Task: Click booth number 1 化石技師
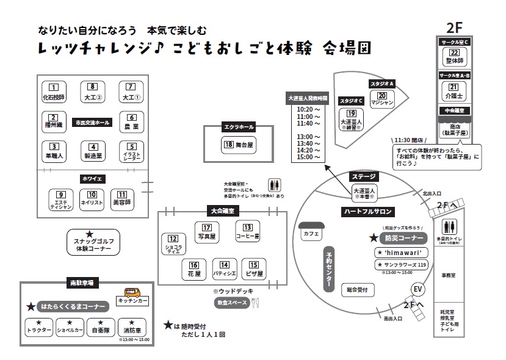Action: tap(53, 92)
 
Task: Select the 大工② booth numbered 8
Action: tap(92, 92)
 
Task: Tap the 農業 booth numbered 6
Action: tap(131, 121)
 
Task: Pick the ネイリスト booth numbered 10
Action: tap(92, 200)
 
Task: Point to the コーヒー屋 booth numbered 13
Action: tap(248, 231)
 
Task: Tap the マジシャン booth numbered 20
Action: tap(383, 99)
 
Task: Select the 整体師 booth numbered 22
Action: tap(453, 57)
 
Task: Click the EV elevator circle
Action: tap(418, 289)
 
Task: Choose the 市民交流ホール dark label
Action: tap(92, 122)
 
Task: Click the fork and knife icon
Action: tap(256, 303)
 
